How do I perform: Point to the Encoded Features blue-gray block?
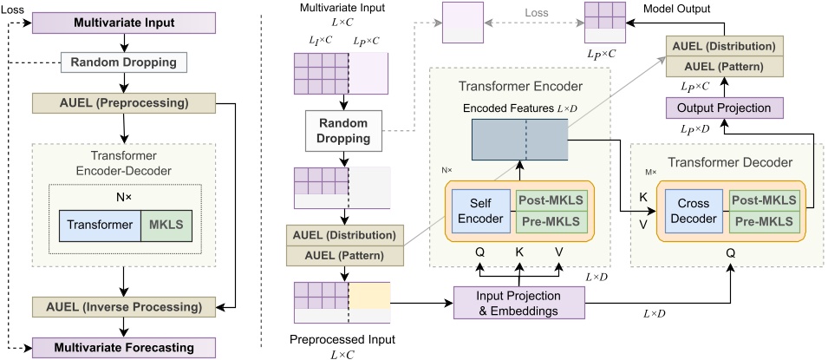[518, 139]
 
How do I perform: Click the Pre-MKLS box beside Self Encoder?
[551, 222]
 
